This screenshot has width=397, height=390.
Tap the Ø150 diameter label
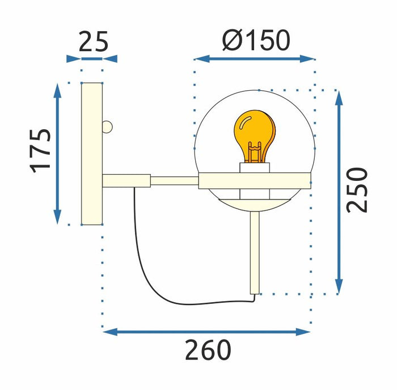[x=256, y=40]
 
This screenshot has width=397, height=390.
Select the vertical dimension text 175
[x=41, y=150]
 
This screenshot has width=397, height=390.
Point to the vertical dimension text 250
[x=357, y=190]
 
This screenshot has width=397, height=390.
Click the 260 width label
[x=208, y=350]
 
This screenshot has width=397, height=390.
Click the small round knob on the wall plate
[x=107, y=126]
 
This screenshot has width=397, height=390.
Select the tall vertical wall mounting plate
[x=92, y=153]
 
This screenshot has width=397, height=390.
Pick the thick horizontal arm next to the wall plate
[x=126, y=181]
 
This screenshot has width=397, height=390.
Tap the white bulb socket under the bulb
[x=254, y=168]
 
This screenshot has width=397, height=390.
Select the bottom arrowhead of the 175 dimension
[x=57, y=218]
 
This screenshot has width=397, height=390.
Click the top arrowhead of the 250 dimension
[x=339, y=96]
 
